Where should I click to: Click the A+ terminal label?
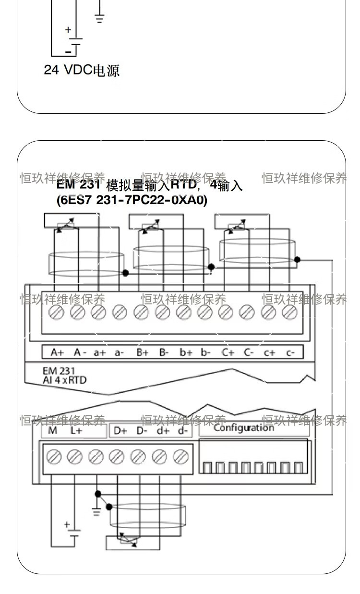pos(57,352)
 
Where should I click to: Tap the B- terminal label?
pos(164,352)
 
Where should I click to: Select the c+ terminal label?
pos(269,352)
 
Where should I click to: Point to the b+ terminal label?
pos(186,352)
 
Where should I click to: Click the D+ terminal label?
pos(120,431)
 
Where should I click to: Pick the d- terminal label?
pos(182,431)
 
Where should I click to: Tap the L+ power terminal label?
pos(76,431)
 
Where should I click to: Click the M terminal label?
pos(52,431)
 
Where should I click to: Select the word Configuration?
pos(244,427)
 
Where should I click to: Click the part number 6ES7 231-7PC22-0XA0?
pos(132,200)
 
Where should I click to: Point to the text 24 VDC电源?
pos(82,71)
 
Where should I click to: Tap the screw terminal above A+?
pos(57,313)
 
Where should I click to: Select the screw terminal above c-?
pos(289,313)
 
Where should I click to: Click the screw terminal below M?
pos(54,457)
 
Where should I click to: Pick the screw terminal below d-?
pos(180,457)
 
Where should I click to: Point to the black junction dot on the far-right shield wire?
pos(297,259)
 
